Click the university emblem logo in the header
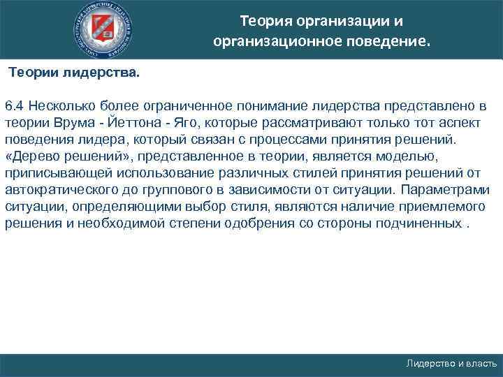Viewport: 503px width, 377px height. coord(105,30)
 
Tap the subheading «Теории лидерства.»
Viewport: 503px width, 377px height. coord(74,73)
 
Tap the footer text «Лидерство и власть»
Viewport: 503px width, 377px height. coord(452,364)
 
